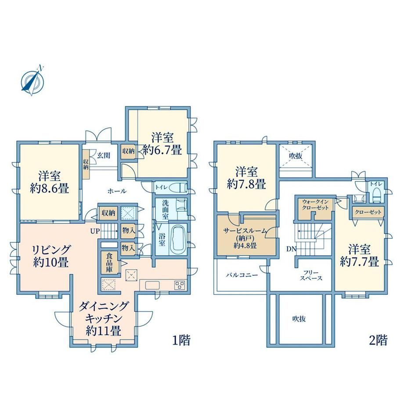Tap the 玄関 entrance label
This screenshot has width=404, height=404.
104,155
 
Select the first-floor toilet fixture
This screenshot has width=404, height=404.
179,188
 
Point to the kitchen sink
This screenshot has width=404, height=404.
152,285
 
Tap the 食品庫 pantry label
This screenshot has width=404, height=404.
109,263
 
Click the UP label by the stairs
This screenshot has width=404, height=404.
95,231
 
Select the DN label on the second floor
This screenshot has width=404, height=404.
292,249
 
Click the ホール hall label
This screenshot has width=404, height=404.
117,191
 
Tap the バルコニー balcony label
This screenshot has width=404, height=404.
242,275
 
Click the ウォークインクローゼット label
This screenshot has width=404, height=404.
315,205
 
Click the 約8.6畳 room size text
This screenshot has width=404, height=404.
50,189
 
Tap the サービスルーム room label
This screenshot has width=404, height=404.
245,231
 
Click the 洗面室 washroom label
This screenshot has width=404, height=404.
165,209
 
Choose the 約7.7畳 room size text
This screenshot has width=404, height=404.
359,262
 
